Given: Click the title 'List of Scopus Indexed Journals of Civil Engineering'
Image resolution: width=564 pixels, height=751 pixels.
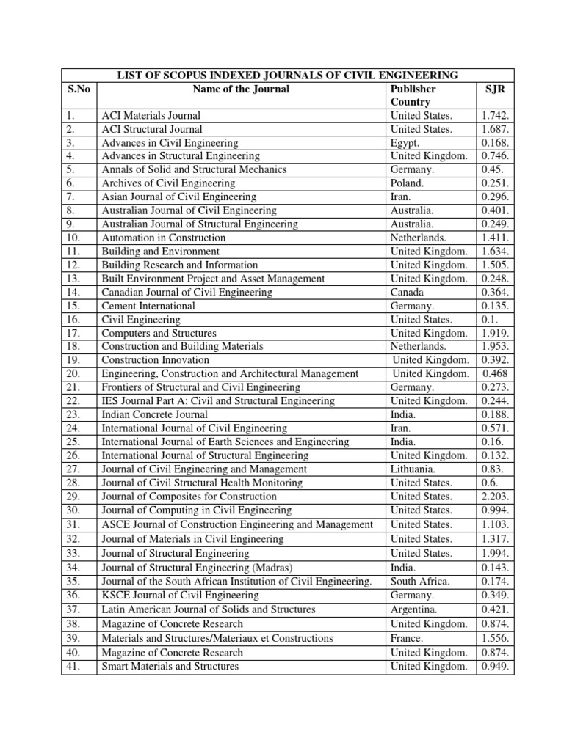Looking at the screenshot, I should (x=288, y=76).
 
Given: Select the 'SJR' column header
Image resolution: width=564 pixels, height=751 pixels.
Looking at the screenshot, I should (x=495, y=89).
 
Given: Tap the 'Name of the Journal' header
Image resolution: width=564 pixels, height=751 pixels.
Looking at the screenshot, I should (x=241, y=89).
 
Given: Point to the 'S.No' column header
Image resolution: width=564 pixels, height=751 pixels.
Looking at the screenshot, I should (x=78, y=89).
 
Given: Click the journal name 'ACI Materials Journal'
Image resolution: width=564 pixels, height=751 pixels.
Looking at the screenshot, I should (x=151, y=116).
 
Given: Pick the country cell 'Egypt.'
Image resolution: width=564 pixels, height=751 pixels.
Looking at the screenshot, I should (x=405, y=143).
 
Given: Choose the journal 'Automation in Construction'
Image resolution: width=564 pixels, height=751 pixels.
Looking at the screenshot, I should (x=164, y=238).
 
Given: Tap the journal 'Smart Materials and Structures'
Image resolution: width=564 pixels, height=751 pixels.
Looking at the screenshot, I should (x=170, y=667).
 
